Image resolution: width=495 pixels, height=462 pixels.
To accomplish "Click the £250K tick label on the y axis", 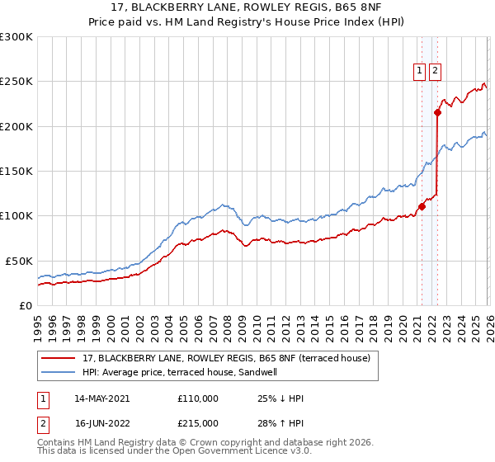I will (x=16, y=82).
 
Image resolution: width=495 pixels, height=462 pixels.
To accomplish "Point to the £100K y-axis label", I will (x=16, y=216).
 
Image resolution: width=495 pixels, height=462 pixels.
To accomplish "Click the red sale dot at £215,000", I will (x=437, y=113).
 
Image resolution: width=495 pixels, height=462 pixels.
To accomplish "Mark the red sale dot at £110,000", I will (x=422, y=207).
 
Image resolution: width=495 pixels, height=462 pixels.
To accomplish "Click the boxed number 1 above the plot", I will (x=420, y=72).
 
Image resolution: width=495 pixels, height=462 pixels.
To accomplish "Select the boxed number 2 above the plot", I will (x=435, y=72).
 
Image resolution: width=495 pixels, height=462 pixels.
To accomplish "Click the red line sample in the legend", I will (x=59, y=358).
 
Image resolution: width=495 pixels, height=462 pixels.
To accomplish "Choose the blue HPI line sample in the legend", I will (x=59, y=372).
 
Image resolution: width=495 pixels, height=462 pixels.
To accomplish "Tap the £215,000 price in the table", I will (x=197, y=423).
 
